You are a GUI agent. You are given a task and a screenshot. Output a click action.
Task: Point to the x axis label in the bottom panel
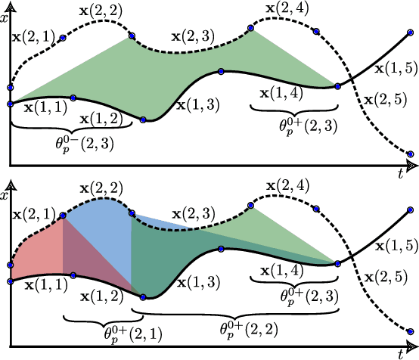pyautogui.click(x=5, y=196)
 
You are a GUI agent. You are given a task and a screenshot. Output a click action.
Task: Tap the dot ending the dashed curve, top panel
pyautogui.click(x=411, y=154)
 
